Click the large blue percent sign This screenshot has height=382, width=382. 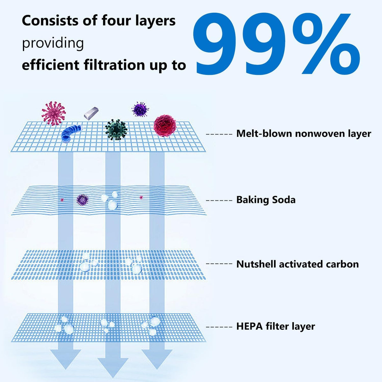pyautogui.click(x=325, y=44)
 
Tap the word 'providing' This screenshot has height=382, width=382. pyautogui.click(x=53, y=43)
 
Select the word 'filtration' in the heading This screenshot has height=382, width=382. pyautogui.click(x=114, y=65)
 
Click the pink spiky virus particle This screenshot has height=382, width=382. pyautogui.click(x=53, y=113)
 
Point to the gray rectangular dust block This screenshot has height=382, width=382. pyautogui.click(x=91, y=113)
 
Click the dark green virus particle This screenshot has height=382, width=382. pyautogui.click(x=116, y=130)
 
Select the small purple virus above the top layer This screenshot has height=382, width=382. pyautogui.click(x=140, y=109)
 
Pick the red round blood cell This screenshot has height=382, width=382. pyautogui.click(x=165, y=125)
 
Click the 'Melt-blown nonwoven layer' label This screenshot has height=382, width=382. pyautogui.click(x=304, y=134)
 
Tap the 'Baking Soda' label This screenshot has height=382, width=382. pyautogui.click(x=266, y=200)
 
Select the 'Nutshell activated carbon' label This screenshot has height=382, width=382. pyautogui.click(x=298, y=264)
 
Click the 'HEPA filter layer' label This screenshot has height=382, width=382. pyautogui.click(x=276, y=326)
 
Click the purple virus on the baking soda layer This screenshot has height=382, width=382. pyautogui.click(x=82, y=200)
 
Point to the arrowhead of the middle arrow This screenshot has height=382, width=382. pyautogui.click(x=113, y=368)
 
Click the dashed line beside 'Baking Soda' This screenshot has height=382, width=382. pyautogui.click(x=219, y=201)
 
